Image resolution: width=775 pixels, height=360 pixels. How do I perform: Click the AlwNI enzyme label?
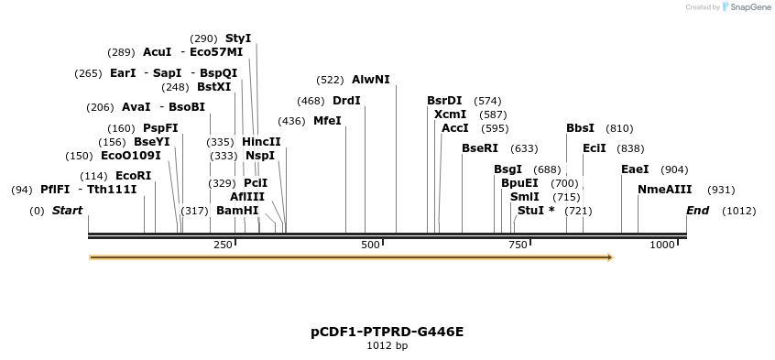(371, 80)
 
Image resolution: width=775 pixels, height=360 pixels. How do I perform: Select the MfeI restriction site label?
(327, 121)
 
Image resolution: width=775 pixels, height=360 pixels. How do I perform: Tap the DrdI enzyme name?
(346, 101)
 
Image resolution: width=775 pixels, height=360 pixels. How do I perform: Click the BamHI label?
(237, 211)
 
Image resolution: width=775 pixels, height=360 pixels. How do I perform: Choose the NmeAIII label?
(664, 190)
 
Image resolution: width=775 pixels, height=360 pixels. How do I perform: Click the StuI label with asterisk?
(536, 211)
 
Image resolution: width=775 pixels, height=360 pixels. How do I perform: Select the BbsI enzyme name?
(580, 128)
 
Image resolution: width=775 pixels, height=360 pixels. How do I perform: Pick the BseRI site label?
(480, 148)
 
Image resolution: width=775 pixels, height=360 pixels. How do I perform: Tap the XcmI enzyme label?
(450, 115)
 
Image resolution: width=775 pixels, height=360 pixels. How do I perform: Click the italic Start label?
(67, 211)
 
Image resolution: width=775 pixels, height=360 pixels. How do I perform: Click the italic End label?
(698, 211)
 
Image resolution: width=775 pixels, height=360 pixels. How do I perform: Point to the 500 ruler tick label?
(370, 245)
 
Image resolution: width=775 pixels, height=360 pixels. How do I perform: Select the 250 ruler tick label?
(224, 245)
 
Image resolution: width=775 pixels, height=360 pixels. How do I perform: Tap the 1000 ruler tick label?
(661, 245)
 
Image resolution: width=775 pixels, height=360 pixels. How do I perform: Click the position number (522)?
(330, 81)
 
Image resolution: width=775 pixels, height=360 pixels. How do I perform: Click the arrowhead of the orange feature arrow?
(609, 257)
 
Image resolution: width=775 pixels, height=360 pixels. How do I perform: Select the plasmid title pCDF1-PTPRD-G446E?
(387, 331)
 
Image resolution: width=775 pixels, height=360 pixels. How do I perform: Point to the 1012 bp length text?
(387, 345)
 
